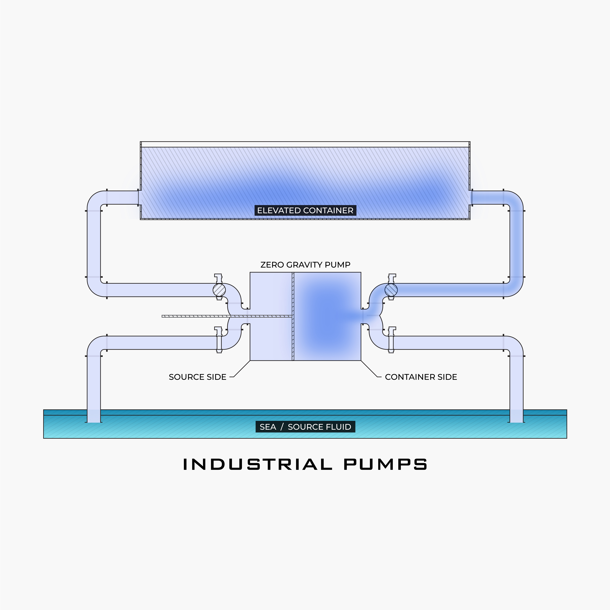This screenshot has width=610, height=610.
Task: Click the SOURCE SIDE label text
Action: click(x=197, y=377)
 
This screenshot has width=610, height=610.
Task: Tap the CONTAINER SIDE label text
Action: click(x=421, y=377)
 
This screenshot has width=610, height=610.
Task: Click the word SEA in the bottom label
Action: click(x=268, y=427)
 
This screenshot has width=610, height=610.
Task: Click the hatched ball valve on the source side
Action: click(x=219, y=290)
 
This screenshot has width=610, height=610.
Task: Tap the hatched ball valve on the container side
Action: click(x=391, y=290)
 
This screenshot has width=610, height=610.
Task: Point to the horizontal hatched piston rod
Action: click(x=221, y=316)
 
